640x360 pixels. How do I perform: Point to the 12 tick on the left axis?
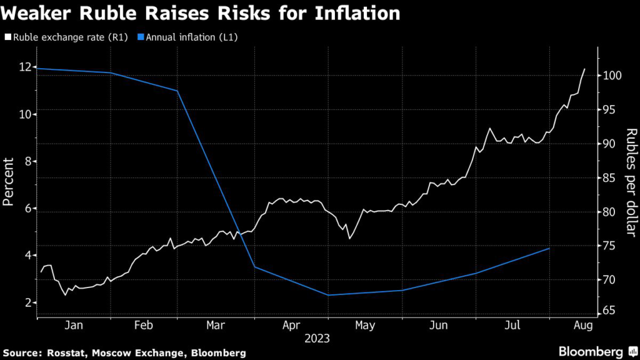[x=24, y=67]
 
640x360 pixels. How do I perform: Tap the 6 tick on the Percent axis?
[x=27, y=209]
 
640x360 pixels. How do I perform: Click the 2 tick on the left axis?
[x=27, y=302]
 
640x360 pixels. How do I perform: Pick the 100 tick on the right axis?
[x=612, y=76]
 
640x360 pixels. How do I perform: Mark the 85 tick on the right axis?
[x=610, y=178]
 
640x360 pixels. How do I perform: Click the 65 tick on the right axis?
[x=610, y=311]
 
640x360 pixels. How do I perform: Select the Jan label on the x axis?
[x=74, y=325]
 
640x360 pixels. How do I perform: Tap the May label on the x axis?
[x=365, y=325]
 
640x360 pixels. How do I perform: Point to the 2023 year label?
[x=317, y=339]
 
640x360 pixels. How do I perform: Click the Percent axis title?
[x=9, y=182]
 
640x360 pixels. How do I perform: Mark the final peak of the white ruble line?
[x=585, y=69]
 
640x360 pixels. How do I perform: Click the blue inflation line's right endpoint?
[x=549, y=249]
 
